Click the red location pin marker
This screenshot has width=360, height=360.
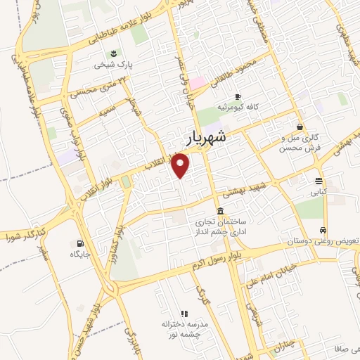click(181, 166)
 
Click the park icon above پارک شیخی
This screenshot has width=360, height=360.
click(113, 53)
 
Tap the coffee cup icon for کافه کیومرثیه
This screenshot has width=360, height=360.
click(238, 96)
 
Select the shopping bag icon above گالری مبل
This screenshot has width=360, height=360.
click(300, 127)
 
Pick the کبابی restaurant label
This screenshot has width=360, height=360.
click(319, 190)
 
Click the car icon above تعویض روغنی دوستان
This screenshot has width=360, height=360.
click(323, 230)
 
